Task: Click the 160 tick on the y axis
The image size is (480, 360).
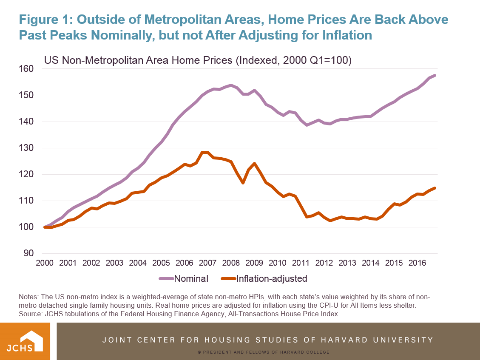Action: click(x=27, y=69)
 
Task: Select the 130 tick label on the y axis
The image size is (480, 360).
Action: click(x=27, y=148)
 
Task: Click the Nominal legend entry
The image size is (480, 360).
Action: click(x=184, y=279)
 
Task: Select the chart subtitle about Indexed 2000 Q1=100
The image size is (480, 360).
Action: click(x=198, y=60)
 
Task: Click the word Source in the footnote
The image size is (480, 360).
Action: click(x=30, y=314)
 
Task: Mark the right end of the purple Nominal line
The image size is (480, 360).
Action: click(x=435, y=76)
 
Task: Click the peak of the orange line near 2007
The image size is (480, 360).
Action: click(x=205, y=152)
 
